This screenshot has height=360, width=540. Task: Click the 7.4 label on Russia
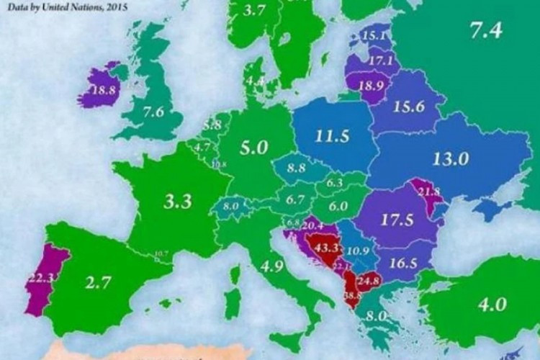tap(485, 30)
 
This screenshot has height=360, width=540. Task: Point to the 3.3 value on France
tap(177, 202)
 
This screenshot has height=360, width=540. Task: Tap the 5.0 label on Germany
tap(253, 148)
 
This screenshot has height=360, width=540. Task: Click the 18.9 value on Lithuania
tap(371, 84)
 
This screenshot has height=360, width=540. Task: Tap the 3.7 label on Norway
tap(256, 10)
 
